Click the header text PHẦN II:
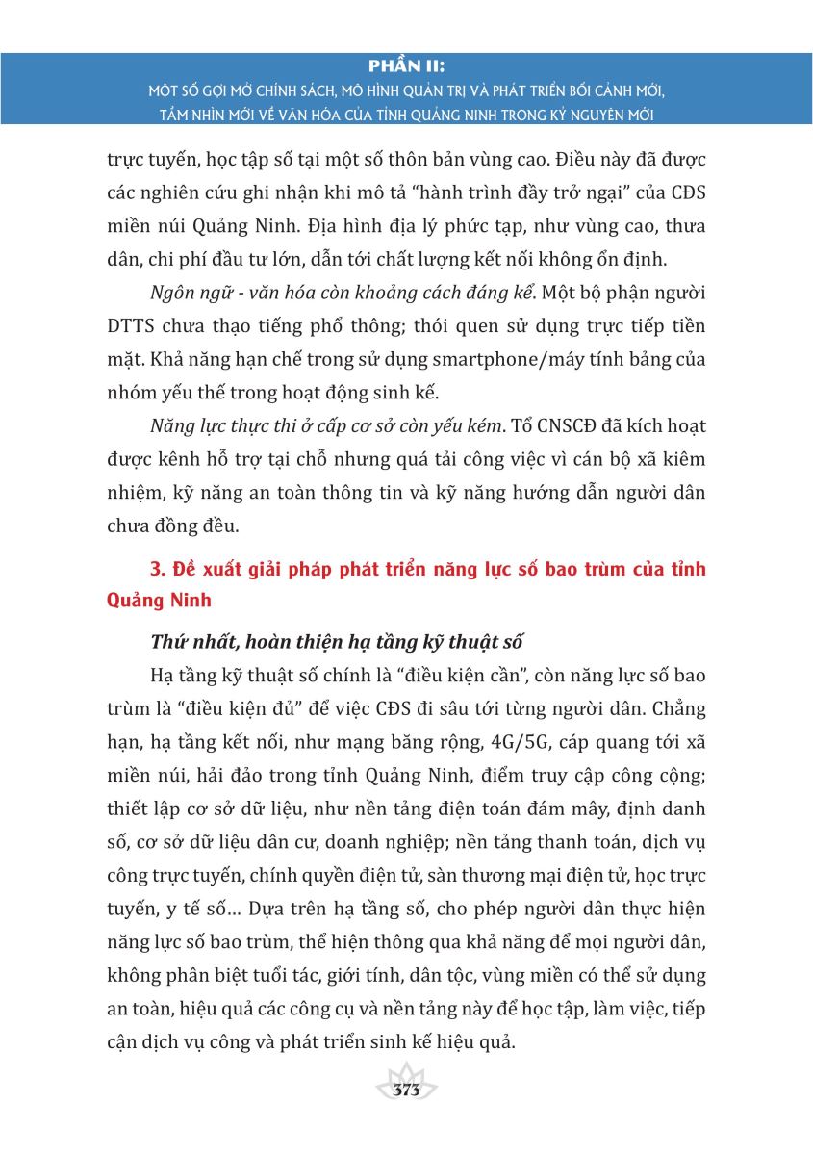tap(406, 68)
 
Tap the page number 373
tap(407, 1091)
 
